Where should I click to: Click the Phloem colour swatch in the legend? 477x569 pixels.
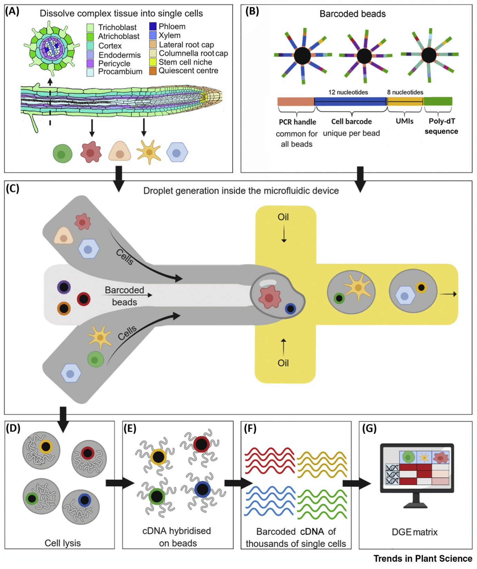(153, 26)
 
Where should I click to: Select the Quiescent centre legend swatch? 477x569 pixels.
(153, 71)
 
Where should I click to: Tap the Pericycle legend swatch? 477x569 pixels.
(90, 63)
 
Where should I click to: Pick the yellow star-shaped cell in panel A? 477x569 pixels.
(149, 152)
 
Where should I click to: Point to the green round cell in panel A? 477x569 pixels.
(62, 153)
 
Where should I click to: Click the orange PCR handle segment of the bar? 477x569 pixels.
(296, 102)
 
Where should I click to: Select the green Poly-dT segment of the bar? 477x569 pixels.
(438, 102)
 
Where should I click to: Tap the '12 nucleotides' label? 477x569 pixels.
(348, 92)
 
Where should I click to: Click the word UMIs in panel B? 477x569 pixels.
(405, 121)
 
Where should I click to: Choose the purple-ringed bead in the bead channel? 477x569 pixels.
(64, 287)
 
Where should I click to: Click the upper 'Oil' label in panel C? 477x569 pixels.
(283, 217)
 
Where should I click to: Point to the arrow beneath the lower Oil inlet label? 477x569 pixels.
(283, 347)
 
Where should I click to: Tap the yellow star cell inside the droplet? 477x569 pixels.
(358, 287)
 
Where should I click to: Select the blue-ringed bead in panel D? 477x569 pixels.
(84, 500)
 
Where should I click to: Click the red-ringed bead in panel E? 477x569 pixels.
(201, 444)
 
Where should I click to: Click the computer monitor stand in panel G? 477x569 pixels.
(416, 501)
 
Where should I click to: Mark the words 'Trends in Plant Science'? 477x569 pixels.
(422, 559)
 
